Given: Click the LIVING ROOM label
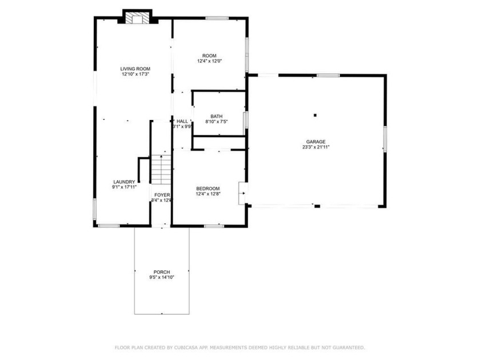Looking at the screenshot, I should [135, 69].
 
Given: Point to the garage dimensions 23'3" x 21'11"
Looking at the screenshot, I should [316, 147].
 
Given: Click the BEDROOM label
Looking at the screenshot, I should [208, 189].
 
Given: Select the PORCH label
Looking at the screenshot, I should [162, 272].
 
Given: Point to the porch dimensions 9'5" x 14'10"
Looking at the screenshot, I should [162, 278].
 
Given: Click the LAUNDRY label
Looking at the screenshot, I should [123, 182].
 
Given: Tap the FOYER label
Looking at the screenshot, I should [162, 195].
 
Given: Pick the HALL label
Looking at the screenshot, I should [182, 121].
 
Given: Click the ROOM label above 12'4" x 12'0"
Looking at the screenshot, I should [209, 55].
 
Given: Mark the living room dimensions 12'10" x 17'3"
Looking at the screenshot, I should [135, 74].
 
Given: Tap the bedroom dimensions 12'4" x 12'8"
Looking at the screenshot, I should [208, 194].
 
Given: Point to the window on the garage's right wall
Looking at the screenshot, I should [385, 139].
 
